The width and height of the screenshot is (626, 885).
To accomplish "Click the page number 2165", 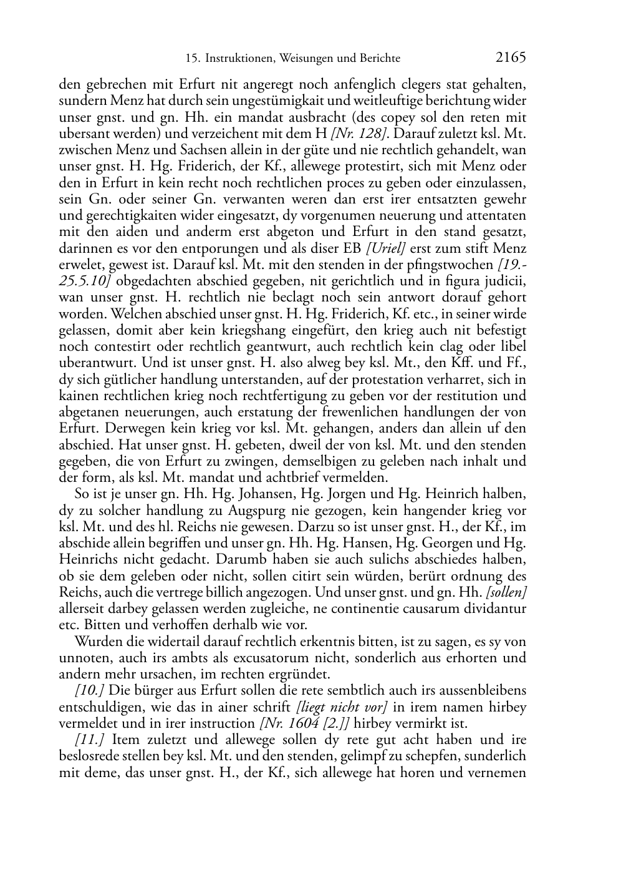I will [511, 58].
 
